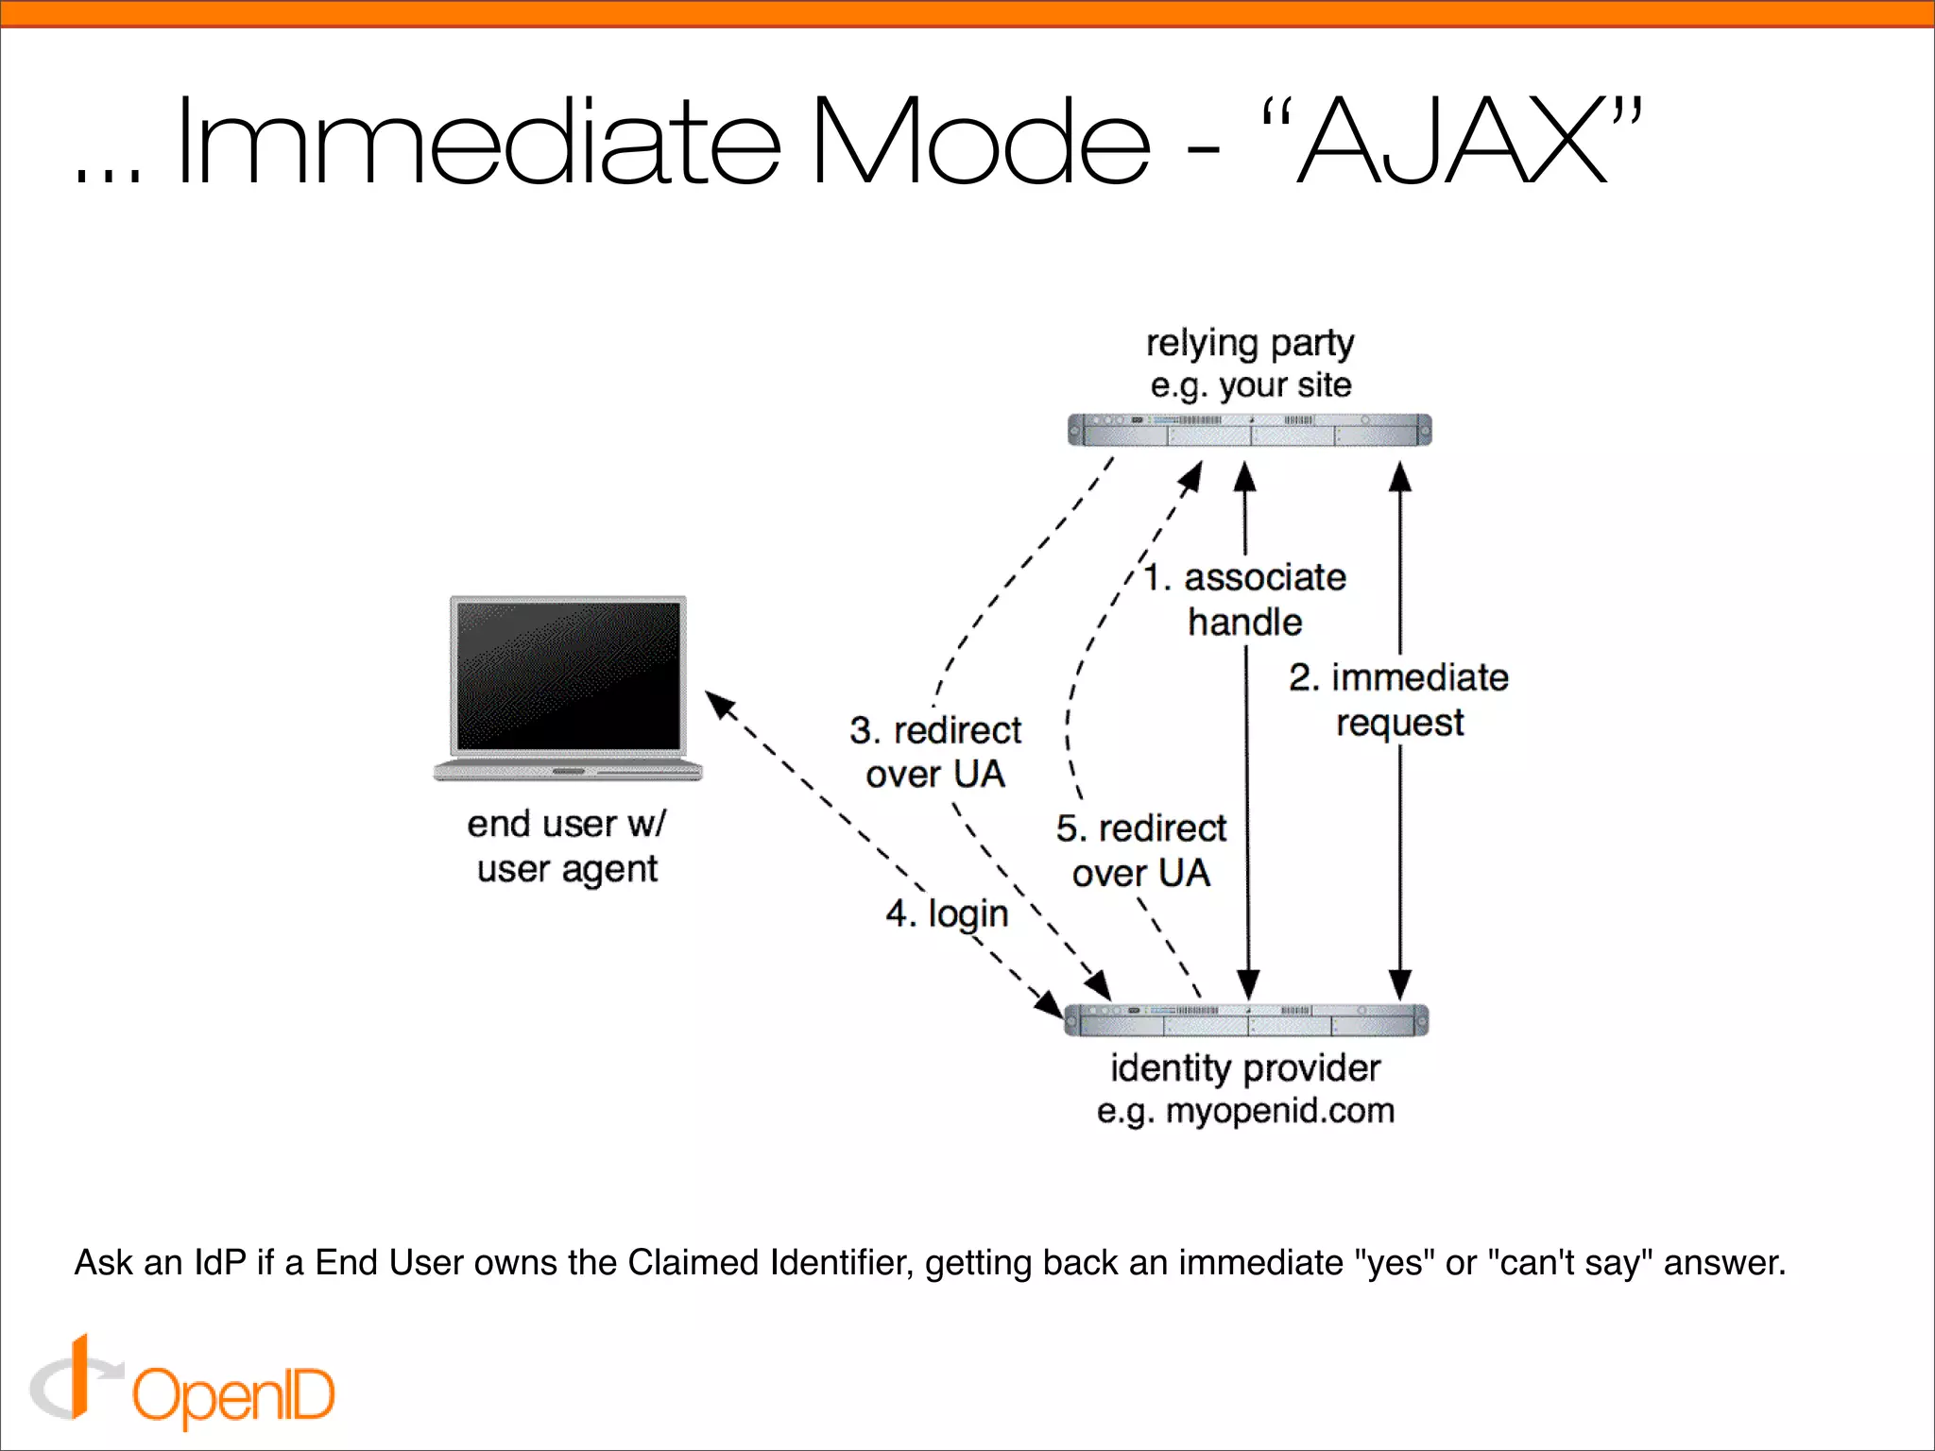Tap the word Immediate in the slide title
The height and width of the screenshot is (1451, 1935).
(478, 142)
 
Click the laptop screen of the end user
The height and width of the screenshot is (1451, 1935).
(568, 674)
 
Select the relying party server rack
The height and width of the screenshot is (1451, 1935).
(1249, 430)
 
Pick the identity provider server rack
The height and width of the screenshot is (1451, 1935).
(1245, 1020)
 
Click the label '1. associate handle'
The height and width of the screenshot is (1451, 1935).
(1245, 599)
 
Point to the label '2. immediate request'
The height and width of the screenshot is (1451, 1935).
(1399, 700)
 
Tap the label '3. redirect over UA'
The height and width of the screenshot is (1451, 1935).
(935, 752)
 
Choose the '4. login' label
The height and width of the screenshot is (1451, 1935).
(947, 913)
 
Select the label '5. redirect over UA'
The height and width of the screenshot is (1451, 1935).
(1141, 850)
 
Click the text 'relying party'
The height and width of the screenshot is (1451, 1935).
(1249, 343)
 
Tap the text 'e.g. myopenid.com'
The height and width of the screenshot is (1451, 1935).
(1245, 1111)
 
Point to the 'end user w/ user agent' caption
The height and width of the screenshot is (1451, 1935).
(567, 846)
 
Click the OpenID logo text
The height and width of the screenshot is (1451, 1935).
(233, 1395)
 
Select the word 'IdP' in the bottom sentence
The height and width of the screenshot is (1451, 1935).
(219, 1263)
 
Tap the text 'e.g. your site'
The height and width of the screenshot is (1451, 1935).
(1250, 385)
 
